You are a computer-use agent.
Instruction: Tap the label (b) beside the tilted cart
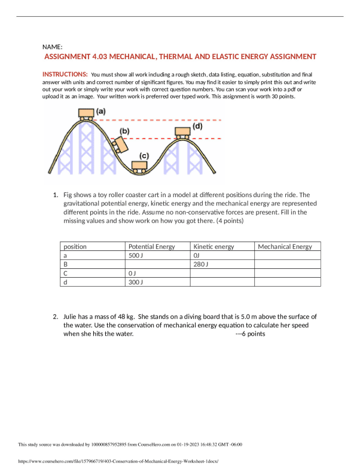[x=125, y=131]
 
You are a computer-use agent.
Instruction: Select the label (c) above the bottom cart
[x=144, y=156]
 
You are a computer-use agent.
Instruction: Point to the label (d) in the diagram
[x=197, y=126]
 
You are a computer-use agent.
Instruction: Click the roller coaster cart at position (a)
[x=87, y=113]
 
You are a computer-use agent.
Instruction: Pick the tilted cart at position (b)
[x=122, y=145]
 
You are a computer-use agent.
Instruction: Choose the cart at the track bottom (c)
[x=140, y=167]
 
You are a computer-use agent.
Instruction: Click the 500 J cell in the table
[x=136, y=255]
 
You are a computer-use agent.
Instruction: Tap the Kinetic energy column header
[x=214, y=246]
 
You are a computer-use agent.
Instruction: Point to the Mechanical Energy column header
[x=285, y=246]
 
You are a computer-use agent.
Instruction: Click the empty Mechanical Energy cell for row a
[x=288, y=255]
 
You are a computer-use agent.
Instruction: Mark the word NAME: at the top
[x=53, y=47]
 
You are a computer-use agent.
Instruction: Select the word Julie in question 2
[x=72, y=316]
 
